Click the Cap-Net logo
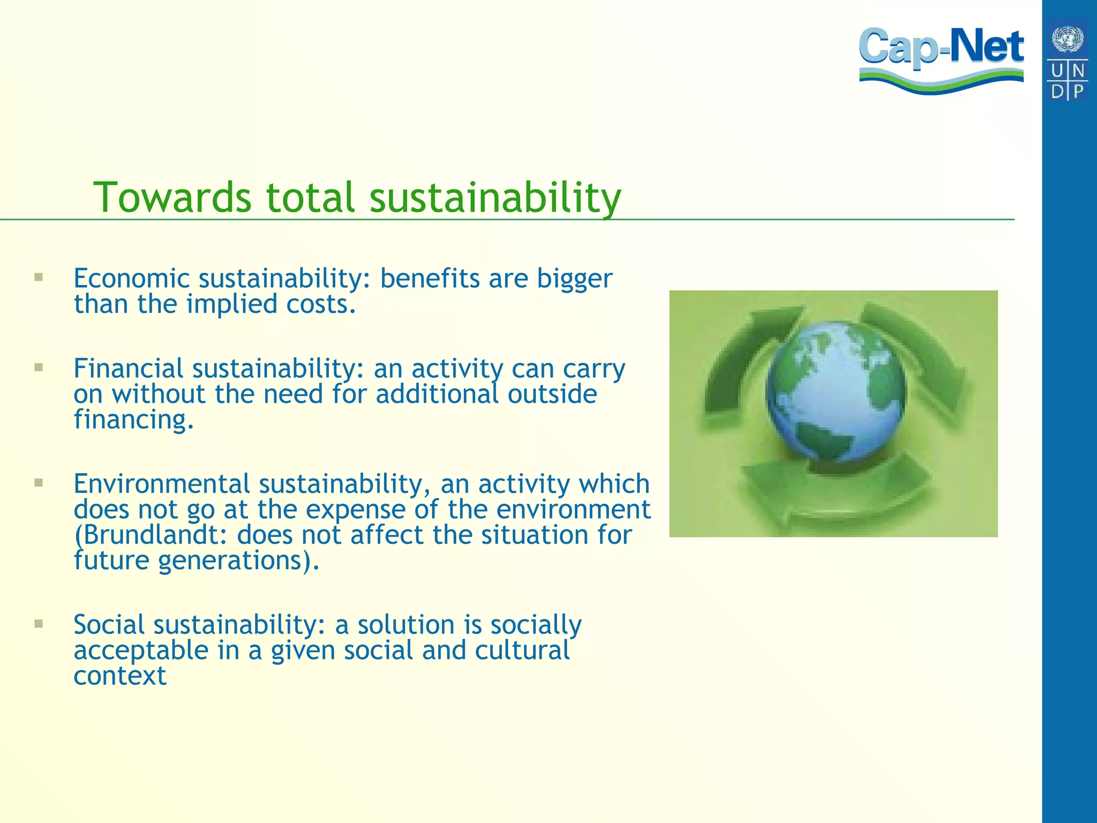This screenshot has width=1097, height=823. pyautogui.click(x=941, y=59)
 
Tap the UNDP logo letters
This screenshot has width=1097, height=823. pyautogui.click(x=1068, y=80)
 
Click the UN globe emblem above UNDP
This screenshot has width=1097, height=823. pyautogui.click(x=1068, y=39)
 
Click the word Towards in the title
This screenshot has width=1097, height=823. pyautogui.click(x=172, y=197)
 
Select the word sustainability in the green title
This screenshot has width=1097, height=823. pyautogui.click(x=495, y=197)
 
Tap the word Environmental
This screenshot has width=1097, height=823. pyautogui.click(x=161, y=483)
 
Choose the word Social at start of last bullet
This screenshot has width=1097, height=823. pyautogui.click(x=109, y=624)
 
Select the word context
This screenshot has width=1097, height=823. pyautogui.click(x=120, y=676)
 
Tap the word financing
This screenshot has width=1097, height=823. pyautogui.click(x=133, y=420)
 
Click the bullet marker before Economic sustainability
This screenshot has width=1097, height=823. pyautogui.click(x=38, y=277)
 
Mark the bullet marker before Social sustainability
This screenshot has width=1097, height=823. pyautogui.click(x=38, y=623)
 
